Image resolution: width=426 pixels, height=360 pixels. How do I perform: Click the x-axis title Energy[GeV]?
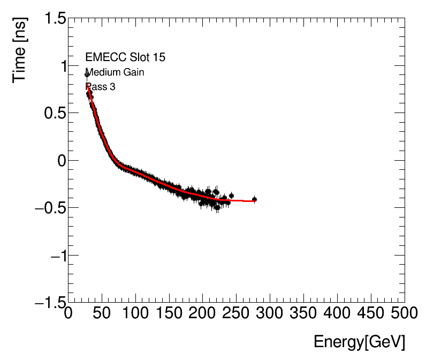point(359,342)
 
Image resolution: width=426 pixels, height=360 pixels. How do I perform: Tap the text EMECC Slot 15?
point(121,57)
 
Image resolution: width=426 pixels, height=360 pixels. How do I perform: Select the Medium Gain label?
point(115,72)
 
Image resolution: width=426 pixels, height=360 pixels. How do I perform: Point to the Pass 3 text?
point(100,87)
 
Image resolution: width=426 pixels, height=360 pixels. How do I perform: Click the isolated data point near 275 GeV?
point(254,199)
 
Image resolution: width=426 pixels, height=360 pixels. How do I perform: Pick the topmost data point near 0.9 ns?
point(87,74)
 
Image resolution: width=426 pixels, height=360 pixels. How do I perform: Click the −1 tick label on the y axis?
point(55,255)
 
